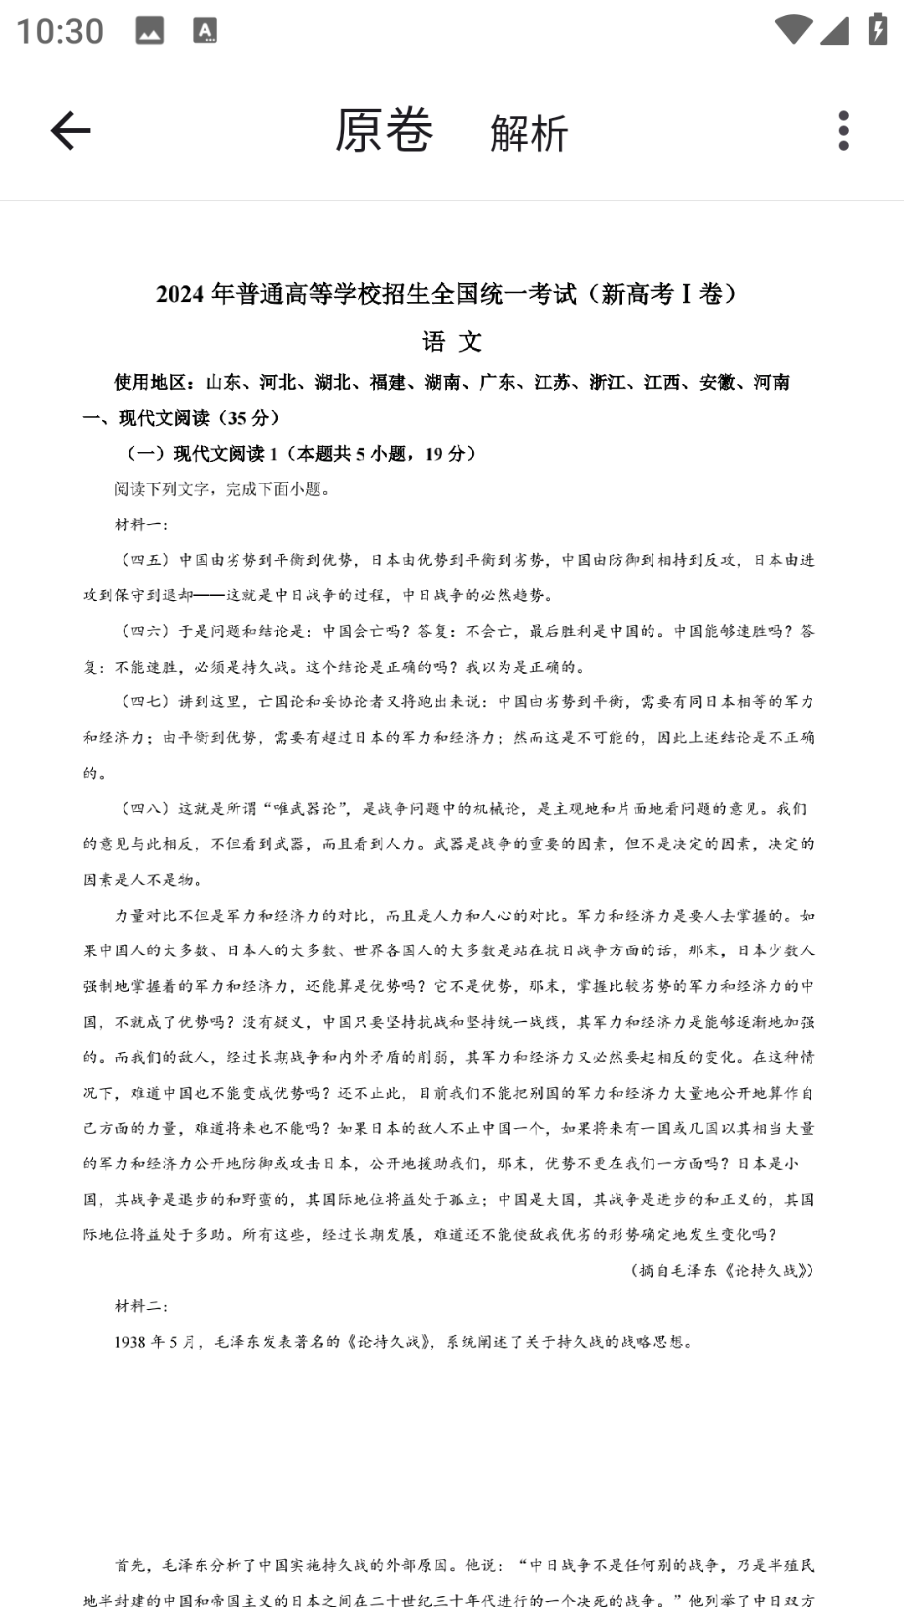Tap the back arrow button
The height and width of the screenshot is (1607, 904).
tap(70, 131)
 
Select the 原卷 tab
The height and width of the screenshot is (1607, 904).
tap(384, 131)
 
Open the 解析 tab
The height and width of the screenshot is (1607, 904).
tap(529, 133)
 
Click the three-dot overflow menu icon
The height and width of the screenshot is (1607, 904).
tap(843, 131)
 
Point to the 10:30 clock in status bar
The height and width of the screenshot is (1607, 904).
tap(60, 32)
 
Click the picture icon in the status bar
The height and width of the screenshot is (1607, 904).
tap(150, 31)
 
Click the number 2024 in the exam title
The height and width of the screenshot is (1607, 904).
tap(180, 295)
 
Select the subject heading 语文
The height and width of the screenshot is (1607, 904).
tap(452, 341)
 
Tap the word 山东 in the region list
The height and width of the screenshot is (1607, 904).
tap(223, 383)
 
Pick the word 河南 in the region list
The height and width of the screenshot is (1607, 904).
tap(772, 383)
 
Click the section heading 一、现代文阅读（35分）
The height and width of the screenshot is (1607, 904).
tap(182, 418)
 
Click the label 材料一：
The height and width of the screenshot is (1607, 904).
tap(141, 525)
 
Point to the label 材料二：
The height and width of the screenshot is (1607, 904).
tap(141, 1307)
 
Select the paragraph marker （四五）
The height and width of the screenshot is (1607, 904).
tap(146, 560)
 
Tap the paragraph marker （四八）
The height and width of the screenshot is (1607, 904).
tap(146, 809)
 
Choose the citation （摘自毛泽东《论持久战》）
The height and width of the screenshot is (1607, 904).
tap(722, 1271)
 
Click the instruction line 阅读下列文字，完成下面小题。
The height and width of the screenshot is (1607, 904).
tap(223, 490)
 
